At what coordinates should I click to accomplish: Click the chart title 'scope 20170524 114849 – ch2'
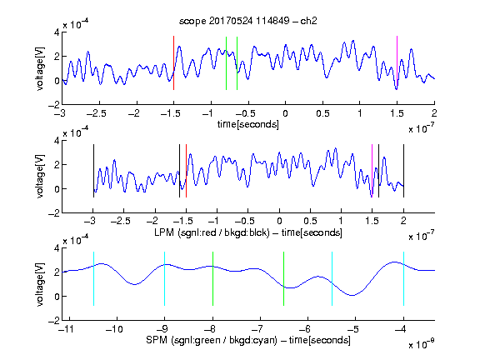pyautogui.click(x=248, y=21)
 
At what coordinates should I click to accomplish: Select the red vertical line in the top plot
pyautogui.click(x=173, y=62)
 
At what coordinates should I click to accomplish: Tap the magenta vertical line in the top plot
pyautogui.click(x=397, y=62)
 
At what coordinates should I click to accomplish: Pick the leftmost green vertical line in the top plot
pyautogui.click(x=226, y=63)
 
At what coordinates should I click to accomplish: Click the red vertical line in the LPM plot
pyautogui.click(x=186, y=171)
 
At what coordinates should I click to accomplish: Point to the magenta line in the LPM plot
pyautogui.click(x=372, y=171)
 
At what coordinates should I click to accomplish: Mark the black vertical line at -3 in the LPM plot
pyautogui.click(x=93, y=171)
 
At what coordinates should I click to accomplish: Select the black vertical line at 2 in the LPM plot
pyautogui.click(x=403, y=171)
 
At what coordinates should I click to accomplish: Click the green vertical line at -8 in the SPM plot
pyautogui.click(x=212, y=278)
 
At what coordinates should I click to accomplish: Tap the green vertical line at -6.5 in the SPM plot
pyautogui.click(x=284, y=278)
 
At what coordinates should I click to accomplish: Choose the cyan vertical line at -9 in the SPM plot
pyautogui.click(x=165, y=278)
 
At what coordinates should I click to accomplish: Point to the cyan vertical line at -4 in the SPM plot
pyautogui.click(x=403, y=278)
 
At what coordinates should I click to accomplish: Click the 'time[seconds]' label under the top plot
pyautogui.click(x=248, y=124)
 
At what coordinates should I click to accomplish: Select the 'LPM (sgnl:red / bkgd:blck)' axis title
pyautogui.click(x=212, y=232)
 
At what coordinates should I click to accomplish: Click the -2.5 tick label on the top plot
pyautogui.click(x=97, y=113)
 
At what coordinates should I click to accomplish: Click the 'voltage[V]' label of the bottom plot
pyautogui.click(x=40, y=284)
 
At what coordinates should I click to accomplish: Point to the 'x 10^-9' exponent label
pyautogui.click(x=422, y=344)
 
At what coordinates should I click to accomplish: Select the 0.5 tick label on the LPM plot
pyautogui.click(x=310, y=221)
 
